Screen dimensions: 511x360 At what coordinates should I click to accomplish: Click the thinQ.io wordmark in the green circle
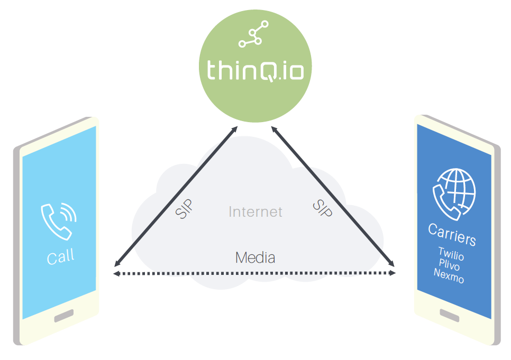(255, 70)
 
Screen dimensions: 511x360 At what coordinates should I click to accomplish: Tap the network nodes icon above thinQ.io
(253, 34)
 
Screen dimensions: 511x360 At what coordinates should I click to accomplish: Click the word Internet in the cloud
(255, 212)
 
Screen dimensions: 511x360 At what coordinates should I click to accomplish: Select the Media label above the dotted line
(255, 257)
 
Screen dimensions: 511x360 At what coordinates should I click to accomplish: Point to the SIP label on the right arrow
(322, 208)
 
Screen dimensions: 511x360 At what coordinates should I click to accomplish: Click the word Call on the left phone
(61, 256)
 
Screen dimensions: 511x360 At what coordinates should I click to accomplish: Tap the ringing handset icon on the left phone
(59, 221)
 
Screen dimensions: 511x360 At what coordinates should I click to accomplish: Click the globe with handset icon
(454, 195)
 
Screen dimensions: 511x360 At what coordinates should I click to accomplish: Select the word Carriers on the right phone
(452, 234)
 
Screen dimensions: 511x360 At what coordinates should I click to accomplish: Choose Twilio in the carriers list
(451, 254)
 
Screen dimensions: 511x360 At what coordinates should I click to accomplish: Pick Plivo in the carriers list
(449, 264)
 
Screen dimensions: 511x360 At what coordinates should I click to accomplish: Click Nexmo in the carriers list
(449, 275)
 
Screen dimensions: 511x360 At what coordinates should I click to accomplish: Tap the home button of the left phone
(64, 316)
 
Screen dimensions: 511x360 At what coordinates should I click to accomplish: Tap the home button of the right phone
(450, 315)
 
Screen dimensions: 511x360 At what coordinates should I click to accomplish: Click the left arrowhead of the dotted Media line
(116, 274)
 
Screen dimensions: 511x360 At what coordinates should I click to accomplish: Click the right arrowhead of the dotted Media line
(393, 273)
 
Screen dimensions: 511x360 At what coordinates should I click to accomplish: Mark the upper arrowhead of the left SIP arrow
(235, 128)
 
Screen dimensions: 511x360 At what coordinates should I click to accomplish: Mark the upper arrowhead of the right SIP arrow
(274, 130)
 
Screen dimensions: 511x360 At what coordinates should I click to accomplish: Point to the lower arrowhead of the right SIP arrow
(391, 264)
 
